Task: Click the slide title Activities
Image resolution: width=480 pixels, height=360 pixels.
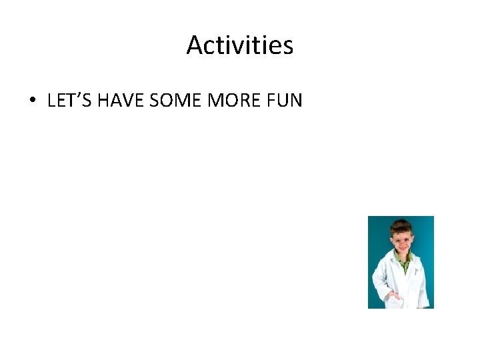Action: coord(240,45)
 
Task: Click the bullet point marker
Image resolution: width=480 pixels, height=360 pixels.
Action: coord(32,101)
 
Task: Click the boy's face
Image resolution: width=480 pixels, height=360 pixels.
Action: coord(402,239)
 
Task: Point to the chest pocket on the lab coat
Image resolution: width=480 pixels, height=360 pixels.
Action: coord(414,272)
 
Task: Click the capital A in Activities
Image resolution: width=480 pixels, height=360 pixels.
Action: coord(194,45)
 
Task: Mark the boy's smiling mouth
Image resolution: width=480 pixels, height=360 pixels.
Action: coord(401,246)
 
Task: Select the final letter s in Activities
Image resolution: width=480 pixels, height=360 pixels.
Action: coord(288,47)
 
